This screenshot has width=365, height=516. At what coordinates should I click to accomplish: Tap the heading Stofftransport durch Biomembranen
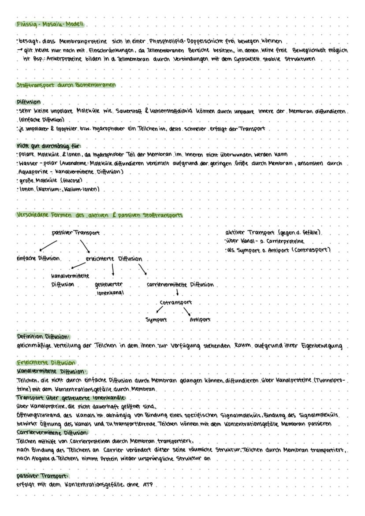pyautogui.click(x=65, y=85)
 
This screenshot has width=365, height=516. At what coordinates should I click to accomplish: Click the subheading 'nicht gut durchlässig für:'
pyautogui.click(x=48, y=145)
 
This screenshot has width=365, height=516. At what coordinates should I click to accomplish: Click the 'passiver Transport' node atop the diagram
pyautogui.click(x=75, y=233)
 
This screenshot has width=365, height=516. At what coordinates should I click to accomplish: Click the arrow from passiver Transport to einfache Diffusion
pyautogui.click(x=48, y=245)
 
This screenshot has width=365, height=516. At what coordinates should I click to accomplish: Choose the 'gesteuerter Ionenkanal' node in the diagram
pyautogui.click(x=109, y=288)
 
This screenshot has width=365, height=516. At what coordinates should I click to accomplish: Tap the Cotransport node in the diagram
pyautogui.click(x=176, y=303)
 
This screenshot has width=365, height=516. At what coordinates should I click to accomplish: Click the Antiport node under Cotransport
pyautogui.click(x=200, y=320)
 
